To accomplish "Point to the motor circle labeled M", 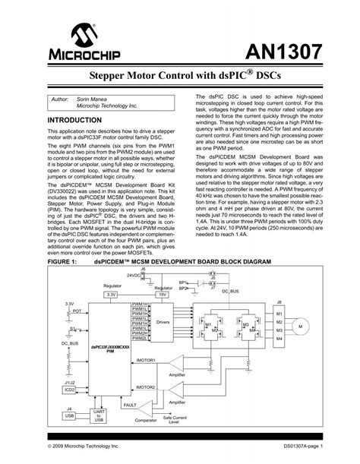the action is click(298, 327).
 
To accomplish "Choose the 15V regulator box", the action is click(182, 293).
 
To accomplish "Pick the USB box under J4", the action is click(70, 415).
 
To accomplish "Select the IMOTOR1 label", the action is click(145, 359).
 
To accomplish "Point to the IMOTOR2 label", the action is click(145, 387).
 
